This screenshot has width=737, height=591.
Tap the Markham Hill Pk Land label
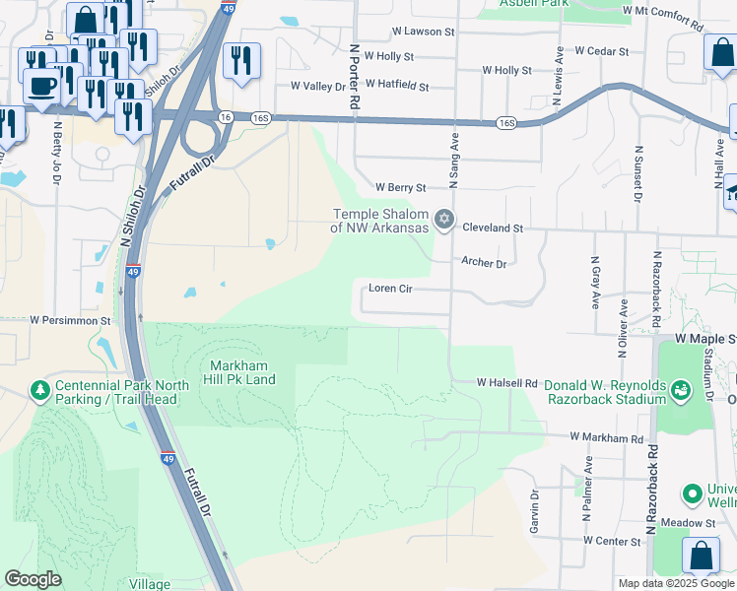[239, 371]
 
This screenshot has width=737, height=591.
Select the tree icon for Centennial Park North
[40, 392]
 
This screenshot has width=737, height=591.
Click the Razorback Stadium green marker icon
[680, 393]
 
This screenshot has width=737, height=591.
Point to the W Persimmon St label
[72, 320]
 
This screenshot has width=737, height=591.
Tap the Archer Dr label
[483, 263]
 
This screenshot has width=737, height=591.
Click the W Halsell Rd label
[506, 382]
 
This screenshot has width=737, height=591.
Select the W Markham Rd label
[605, 436]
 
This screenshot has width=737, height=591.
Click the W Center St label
[612, 541]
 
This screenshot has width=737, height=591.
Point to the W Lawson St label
[423, 32]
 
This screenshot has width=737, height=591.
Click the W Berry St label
[400, 187]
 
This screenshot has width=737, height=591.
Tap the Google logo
[33, 579]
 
